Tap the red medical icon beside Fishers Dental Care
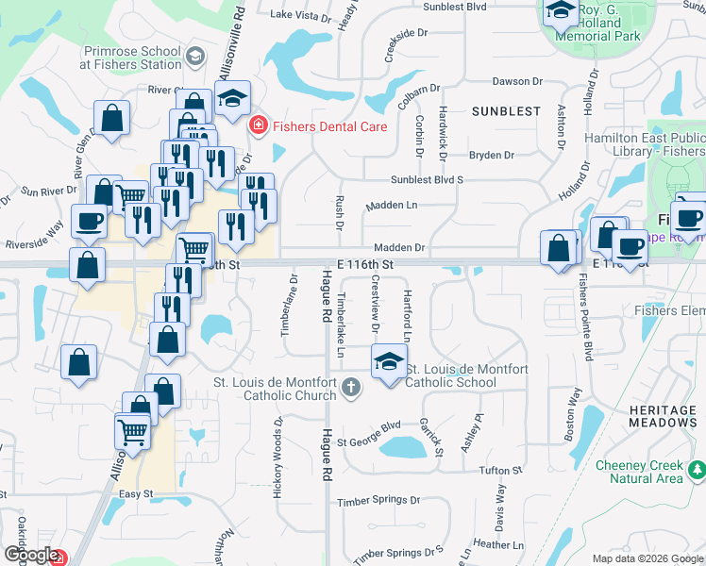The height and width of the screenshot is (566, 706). click(x=257, y=125)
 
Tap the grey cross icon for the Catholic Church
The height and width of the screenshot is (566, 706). click(x=351, y=386)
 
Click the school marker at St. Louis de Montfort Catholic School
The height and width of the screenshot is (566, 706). click(x=389, y=362)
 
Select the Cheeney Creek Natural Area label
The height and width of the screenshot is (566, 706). click(x=640, y=472)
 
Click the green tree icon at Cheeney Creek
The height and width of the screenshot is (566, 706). click(x=697, y=469)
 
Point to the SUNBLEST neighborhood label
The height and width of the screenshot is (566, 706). click(x=507, y=110)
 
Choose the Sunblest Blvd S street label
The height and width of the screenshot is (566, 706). click(x=428, y=179)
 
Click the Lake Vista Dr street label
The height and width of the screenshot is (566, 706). click(x=301, y=15)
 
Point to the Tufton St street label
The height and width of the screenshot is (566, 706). click(x=500, y=470)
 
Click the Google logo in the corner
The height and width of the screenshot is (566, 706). click(x=30, y=556)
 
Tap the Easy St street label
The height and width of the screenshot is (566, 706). click(x=136, y=494)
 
